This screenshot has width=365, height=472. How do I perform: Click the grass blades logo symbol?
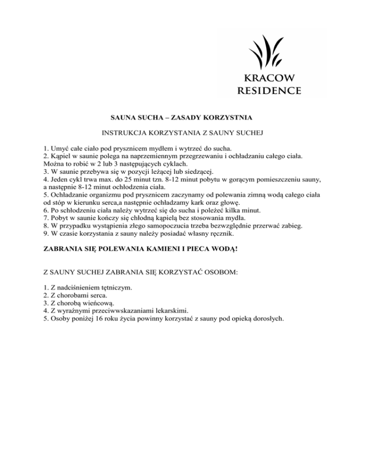click(266, 51)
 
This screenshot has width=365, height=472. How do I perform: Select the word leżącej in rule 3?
click(140, 171)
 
